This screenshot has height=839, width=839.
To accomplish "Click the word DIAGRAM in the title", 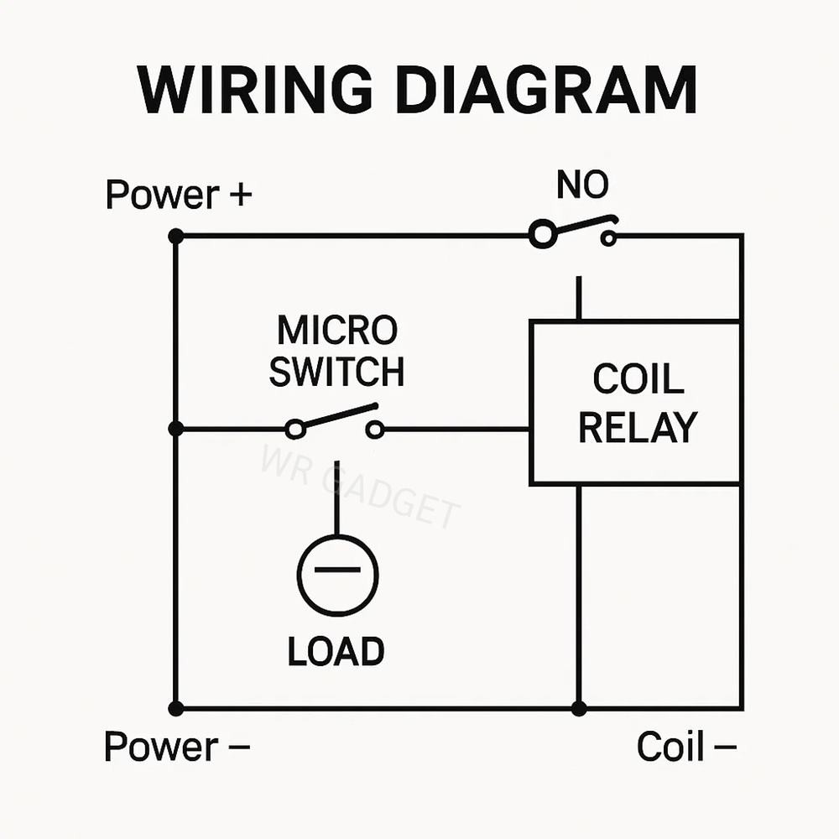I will (x=546, y=89).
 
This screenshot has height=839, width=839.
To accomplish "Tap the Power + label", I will (x=178, y=195).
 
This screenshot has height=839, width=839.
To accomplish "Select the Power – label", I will (x=176, y=746).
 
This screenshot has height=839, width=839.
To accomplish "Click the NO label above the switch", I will (x=582, y=185).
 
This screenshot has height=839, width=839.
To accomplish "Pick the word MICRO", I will (x=337, y=331).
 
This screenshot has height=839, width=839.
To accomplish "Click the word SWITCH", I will (x=336, y=372).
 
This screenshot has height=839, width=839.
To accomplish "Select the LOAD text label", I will (x=336, y=651).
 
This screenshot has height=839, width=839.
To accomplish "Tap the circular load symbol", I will (x=337, y=575).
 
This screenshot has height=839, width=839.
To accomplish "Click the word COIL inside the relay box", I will (x=638, y=379).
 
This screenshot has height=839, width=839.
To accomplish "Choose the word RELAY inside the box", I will (x=638, y=427).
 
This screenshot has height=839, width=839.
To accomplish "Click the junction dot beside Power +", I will (x=175, y=237).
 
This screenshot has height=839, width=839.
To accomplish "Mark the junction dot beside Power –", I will (x=175, y=709).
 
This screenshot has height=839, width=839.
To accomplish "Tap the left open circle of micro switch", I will (x=294, y=430).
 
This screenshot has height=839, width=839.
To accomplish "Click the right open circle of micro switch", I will (x=375, y=430).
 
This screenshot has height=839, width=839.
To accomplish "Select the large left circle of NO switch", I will (x=543, y=235).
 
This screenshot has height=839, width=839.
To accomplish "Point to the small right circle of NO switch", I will (x=608, y=238).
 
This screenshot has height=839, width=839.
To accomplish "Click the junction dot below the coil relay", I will (x=579, y=709).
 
